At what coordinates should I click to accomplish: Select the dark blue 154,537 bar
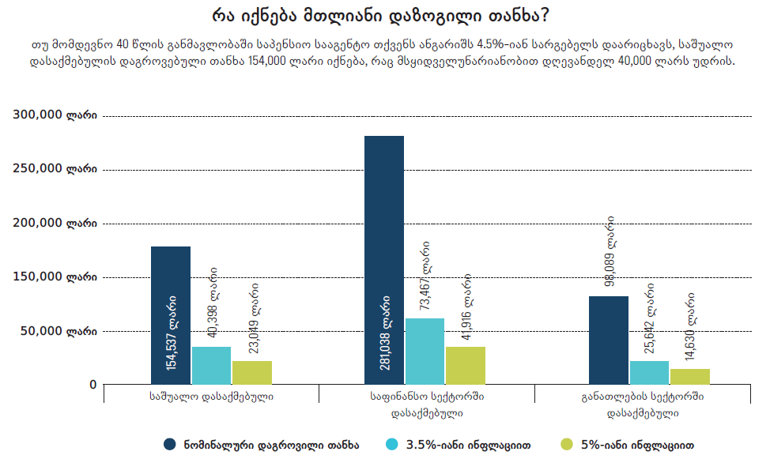click(171, 316)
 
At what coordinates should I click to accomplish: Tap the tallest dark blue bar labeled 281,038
click(384, 261)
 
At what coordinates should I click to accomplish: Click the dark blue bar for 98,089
click(609, 340)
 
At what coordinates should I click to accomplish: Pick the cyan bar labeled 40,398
click(211, 366)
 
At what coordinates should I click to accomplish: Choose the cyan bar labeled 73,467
click(425, 352)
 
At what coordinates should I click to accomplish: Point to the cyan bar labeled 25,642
click(649, 373)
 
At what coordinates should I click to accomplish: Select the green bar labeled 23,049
click(251, 373)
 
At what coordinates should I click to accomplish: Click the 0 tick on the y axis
click(92, 385)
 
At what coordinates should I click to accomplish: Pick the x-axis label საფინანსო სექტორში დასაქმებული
click(427, 404)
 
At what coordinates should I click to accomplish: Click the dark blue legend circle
click(170, 445)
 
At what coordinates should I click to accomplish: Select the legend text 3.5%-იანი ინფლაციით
click(467, 445)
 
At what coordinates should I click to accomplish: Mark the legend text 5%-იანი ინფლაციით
click(638, 445)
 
